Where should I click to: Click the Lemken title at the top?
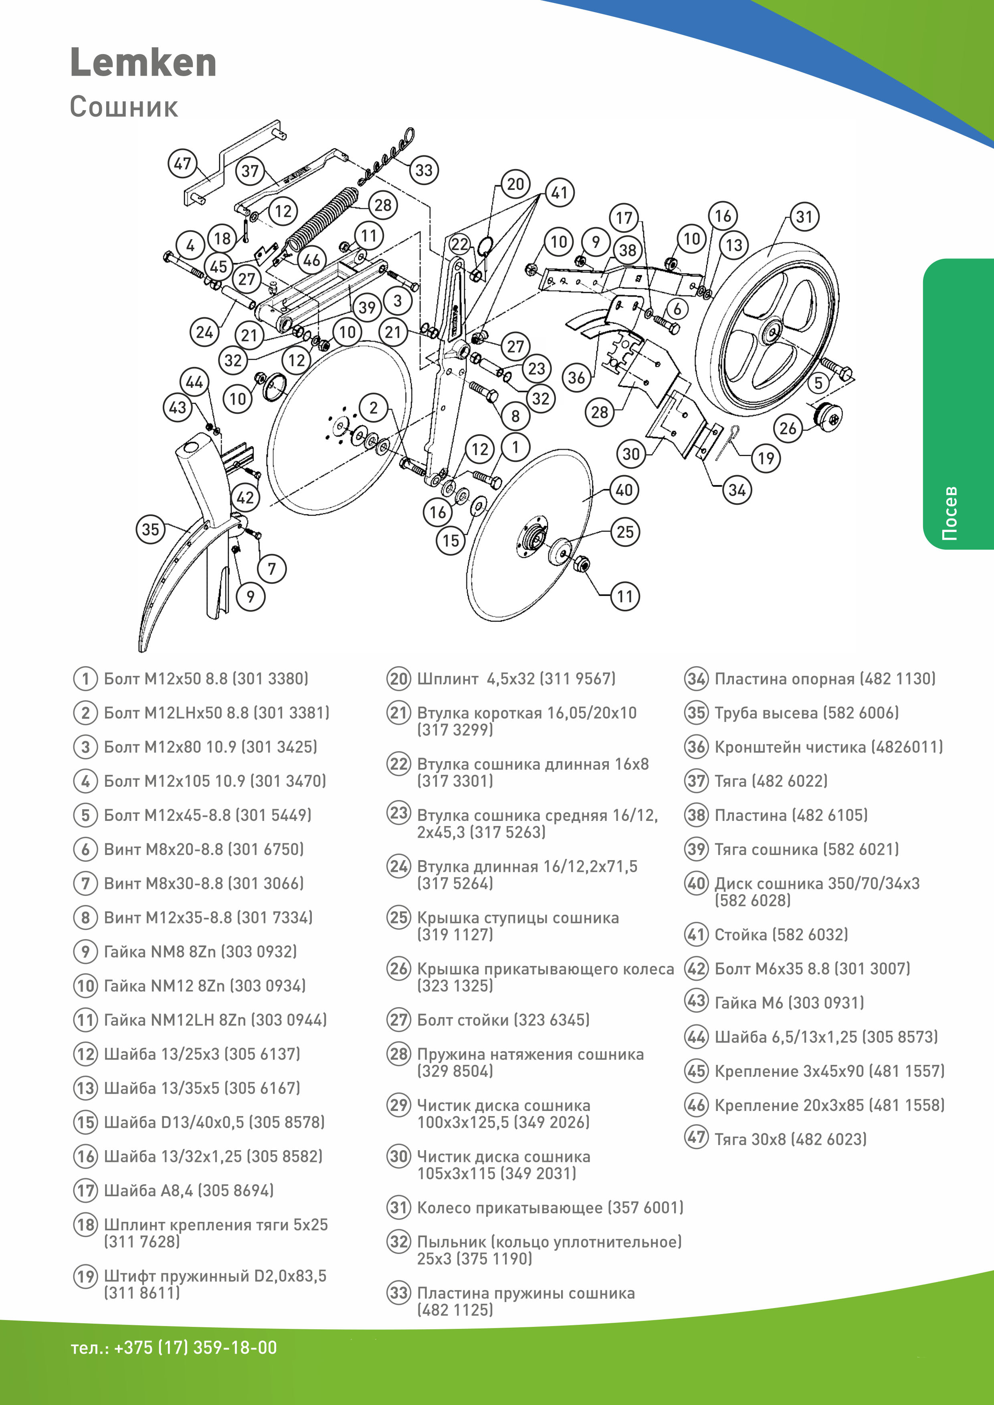pyautogui.click(x=143, y=63)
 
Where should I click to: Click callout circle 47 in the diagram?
pyautogui.click(x=182, y=163)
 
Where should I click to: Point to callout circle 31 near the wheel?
pyautogui.click(x=804, y=217)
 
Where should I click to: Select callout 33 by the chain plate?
pyautogui.click(x=424, y=170)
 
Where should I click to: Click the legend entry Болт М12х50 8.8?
pyautogui.click(x=206, y=679)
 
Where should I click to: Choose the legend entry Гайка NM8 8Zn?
pyautogui.click(x=200, y=951)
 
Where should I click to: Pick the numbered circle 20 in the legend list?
pyautogui.click(x=398, y=679)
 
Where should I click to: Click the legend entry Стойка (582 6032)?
pyautogui.click(x=781, y=934)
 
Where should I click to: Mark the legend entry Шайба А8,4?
pyautogui.click(x=188, y=1190)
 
